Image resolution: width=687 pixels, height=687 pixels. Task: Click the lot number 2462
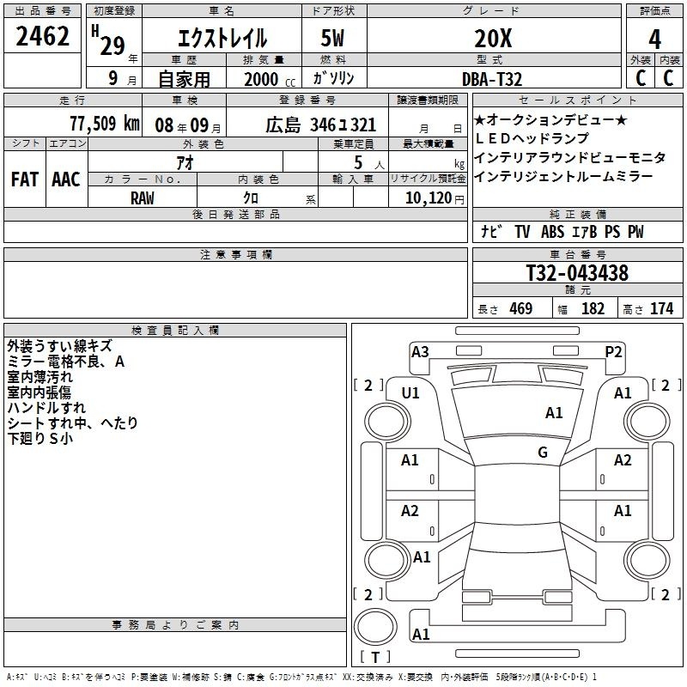(x=42, y=36)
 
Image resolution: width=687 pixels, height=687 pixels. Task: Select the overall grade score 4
(x=654, y=39)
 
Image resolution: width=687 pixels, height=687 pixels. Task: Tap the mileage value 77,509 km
(x=105, y=124)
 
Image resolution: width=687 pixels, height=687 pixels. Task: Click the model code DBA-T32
(x=492, y=79)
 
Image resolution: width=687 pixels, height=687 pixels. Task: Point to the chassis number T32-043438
(x=577, y=272)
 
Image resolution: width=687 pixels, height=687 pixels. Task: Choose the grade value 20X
(x=493, y=39)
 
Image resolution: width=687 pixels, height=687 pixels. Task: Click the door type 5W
(x=332, y=38)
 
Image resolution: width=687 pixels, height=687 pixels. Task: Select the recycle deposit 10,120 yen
(x=435, y=198)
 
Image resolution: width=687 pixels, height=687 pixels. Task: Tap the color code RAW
(x=143, y=198)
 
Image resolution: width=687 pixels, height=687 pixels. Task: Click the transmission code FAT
(x=25, y=179)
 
